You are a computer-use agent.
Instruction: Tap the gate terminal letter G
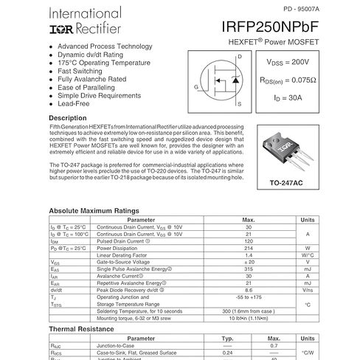click(x=196, y=87)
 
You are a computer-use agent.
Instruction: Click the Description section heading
click(x=72, y=118)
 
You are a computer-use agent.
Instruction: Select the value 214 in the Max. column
click(x=249, y=248)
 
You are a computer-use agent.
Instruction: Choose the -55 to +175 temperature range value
click(x=249, y=296)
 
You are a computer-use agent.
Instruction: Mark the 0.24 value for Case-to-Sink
click(x=228, y=352)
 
